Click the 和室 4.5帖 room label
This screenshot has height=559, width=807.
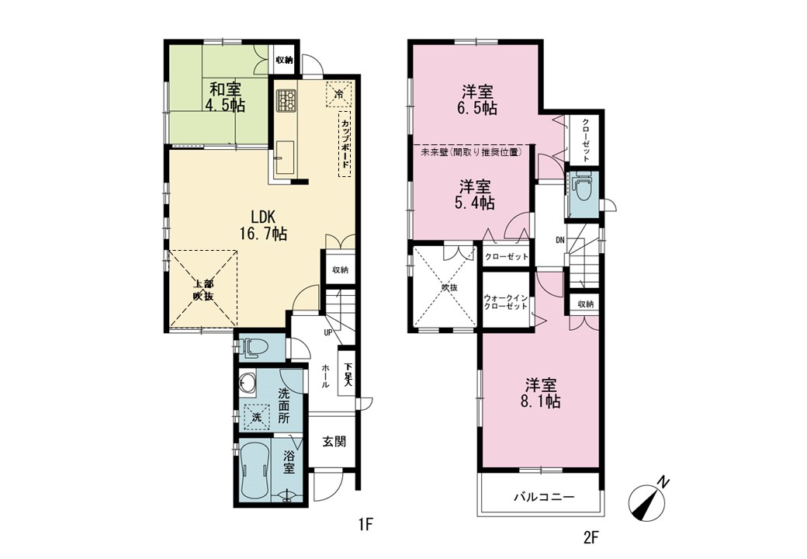[x=226, y=97]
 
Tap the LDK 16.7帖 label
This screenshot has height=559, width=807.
[x=262, y=225]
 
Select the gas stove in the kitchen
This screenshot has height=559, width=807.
[x=286, y=100]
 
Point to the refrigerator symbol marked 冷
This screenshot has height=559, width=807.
[x=338, y=94]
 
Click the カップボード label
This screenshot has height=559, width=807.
[x=345, y=144]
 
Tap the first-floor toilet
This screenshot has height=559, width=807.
[x=253, y=348]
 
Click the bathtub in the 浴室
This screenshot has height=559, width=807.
[x=254, y=470]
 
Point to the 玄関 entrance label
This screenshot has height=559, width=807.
[x=334, y=441]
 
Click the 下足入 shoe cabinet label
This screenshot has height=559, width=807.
[x=348, y=375]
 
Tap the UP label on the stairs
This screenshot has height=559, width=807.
[x=327, y=332]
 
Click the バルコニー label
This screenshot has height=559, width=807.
[x=544, y=497]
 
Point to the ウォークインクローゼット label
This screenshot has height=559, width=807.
[x=506, y=302]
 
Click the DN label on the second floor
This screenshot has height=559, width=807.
[x=560, y=239]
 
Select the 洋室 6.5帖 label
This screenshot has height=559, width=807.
[x=478, y=100]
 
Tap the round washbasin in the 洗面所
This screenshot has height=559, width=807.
[x=248, y=383]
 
